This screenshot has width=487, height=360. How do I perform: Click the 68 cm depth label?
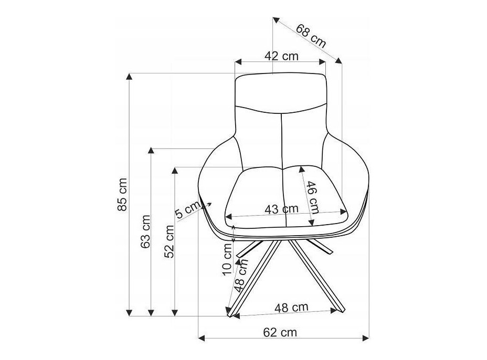click(311, 36)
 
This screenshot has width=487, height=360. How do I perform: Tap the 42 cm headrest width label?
click(281, 56)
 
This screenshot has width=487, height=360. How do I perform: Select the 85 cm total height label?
click(122, 195)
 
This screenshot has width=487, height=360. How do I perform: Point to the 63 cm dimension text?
click(145, 231)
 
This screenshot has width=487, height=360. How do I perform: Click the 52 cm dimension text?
click(170, 241)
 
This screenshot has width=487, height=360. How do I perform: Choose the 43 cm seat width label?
click(281, 209)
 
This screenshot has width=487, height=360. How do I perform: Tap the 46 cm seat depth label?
click(313, 197)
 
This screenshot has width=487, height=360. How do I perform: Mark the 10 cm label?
click(227, 259)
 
